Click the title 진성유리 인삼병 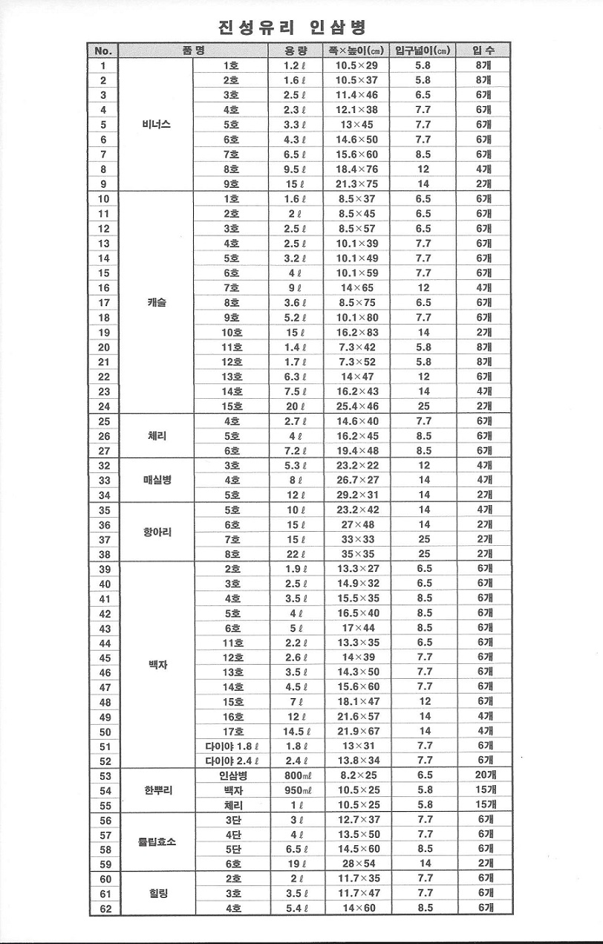(x=294, y=28)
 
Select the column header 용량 (x=296, y=51)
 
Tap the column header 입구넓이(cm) (x=423, y=51)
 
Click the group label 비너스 (x=156, y=125)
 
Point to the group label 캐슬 (x=156, y=302)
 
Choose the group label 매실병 (x=157, y=480)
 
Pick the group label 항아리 (x=156, y=532)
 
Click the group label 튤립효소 (x=157, y=842)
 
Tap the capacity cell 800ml (x=296, y=775)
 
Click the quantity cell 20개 (x=485, y=775)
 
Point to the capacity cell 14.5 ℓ (x=296, y=731)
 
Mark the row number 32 (x=104, y=466)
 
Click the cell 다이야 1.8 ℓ (x=232, y=746)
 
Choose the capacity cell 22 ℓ (x=296, y=554)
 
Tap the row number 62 (x=104, y=908)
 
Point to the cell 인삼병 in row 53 (x=232, y=775)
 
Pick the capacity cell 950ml (x=296, y=790)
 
